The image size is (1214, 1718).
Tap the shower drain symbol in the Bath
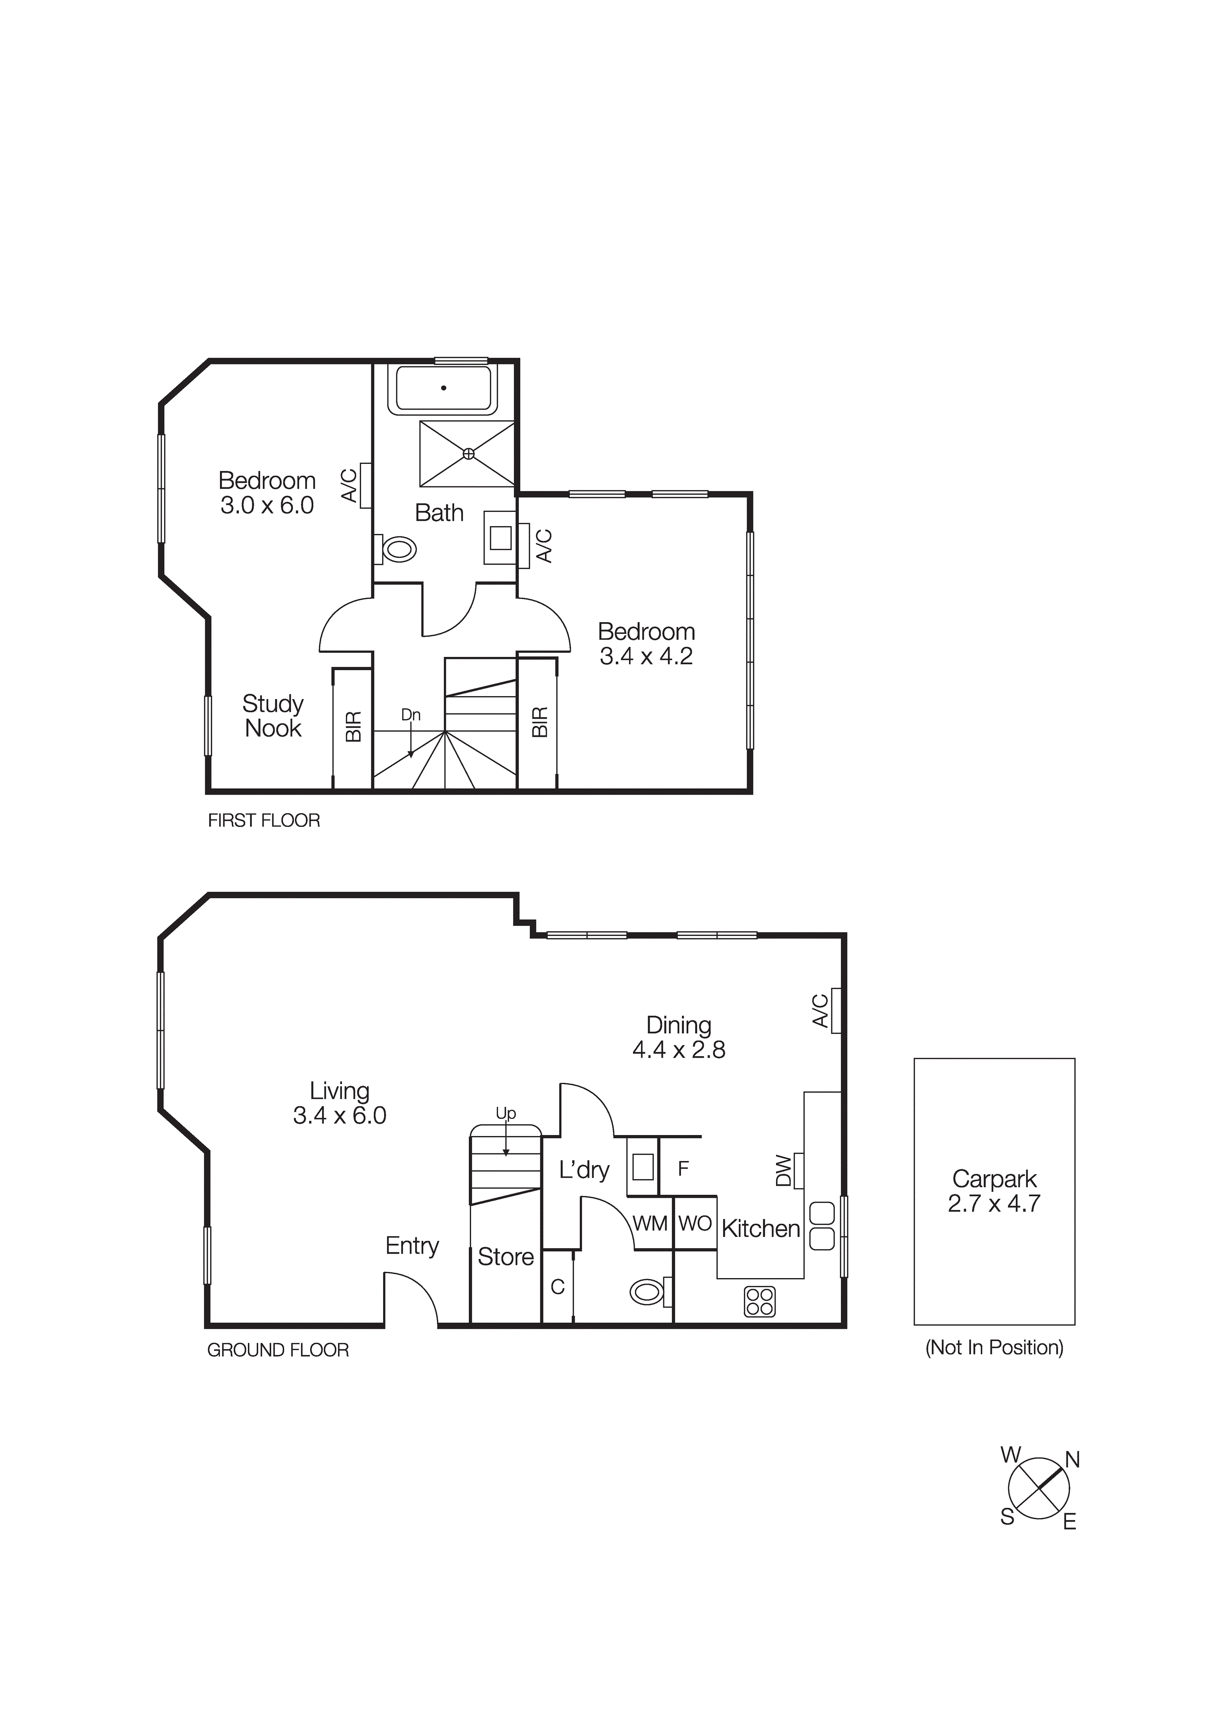point(468,454)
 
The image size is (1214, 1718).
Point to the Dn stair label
point(411,715)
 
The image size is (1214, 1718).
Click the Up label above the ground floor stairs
point(506,1113)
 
